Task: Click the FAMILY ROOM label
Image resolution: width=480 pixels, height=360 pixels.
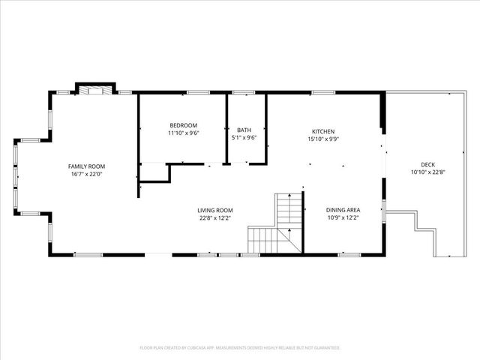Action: coord(86,166)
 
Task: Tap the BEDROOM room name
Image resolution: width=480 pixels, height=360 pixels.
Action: coord(183,124)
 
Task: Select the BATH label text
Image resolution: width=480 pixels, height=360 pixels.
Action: coord(244,130)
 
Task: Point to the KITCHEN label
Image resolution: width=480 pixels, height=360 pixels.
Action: coord(323,130)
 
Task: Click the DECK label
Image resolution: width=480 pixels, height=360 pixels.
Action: coord(427,164)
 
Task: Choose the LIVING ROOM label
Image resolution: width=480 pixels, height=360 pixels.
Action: coord(215,210)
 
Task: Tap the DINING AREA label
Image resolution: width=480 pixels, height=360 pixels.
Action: coord(343,210)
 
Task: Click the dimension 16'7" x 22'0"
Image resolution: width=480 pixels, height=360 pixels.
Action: coord(86,174)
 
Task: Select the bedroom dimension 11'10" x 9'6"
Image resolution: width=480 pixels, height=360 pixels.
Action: coord(183,133)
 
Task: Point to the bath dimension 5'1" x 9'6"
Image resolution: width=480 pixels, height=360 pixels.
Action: coord(244,138)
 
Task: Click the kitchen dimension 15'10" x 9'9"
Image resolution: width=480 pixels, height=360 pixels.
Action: coord(323,139)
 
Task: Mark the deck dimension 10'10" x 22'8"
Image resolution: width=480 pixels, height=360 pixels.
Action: coord(427,172)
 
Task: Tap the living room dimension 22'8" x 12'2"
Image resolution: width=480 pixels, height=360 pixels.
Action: coord(215,218)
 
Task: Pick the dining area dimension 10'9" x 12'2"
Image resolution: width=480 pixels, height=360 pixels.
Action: coord(343,218)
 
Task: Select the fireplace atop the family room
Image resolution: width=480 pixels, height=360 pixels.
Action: coord(95,90)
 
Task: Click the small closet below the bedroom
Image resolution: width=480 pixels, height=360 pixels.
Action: coord(154,172)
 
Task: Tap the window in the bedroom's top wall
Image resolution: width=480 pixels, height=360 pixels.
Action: coord(197,92)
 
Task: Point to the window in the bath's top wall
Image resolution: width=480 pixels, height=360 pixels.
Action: coord(243,92)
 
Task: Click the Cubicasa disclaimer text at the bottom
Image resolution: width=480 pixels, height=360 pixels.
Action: coord(240,348)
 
